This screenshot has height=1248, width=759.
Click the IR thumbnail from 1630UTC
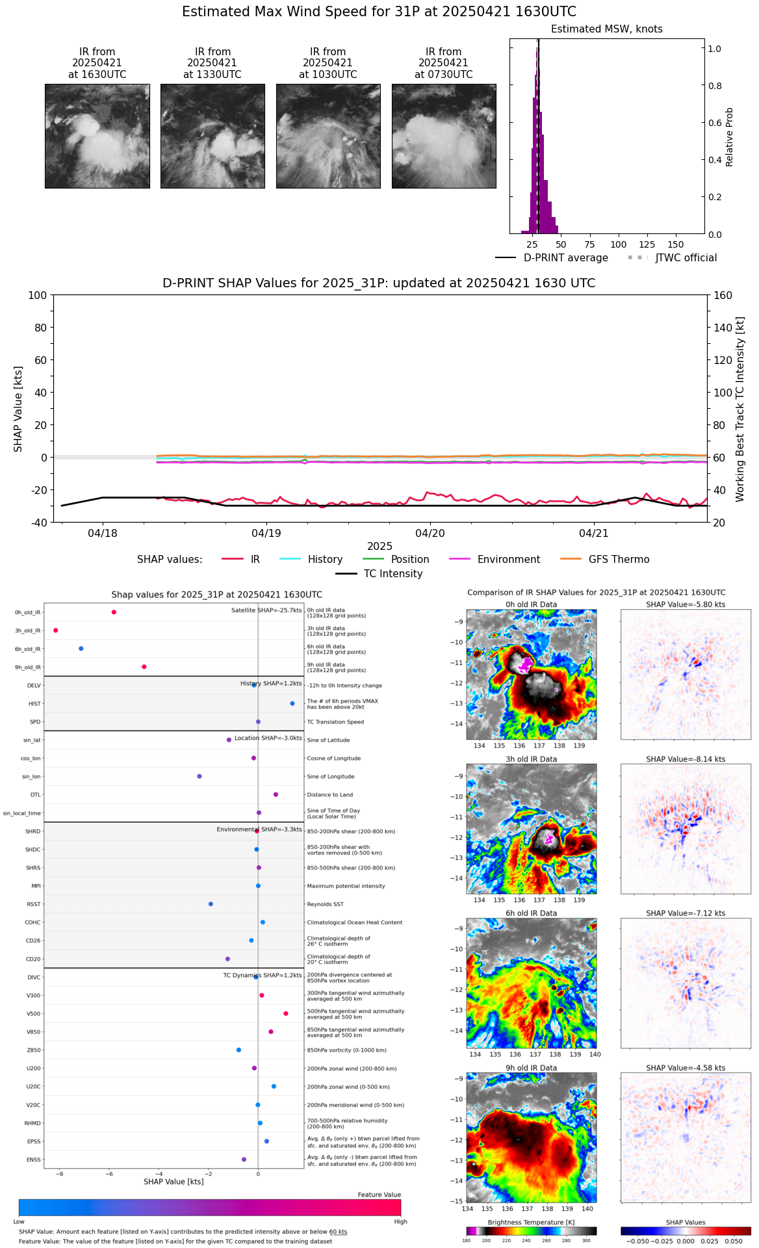tap(97, 136)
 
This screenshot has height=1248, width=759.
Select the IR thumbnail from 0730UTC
tap(444, 136)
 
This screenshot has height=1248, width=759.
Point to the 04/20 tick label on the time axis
tap(430, 534)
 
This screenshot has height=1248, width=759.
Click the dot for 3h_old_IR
tap(56, 630)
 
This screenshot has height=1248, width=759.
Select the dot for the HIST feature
tap(292, 703)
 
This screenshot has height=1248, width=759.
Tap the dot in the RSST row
tap(211, 904)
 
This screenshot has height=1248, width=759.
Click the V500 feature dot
tap(286, 1013)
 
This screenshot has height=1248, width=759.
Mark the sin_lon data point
tap(199, 776)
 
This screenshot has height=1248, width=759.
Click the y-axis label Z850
tap(33, 1050)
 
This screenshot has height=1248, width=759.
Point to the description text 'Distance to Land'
tap(330, 795)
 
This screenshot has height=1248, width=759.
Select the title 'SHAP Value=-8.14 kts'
tap(686, 759)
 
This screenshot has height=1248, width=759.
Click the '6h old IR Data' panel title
tap(531, 913)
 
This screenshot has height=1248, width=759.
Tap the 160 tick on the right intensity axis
tap(723, 295)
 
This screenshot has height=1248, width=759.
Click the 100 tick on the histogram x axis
tap(618, 245)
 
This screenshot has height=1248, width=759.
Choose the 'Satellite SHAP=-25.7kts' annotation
tap(266, 610)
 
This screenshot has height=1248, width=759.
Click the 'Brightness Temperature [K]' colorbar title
tap(531, 1223)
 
